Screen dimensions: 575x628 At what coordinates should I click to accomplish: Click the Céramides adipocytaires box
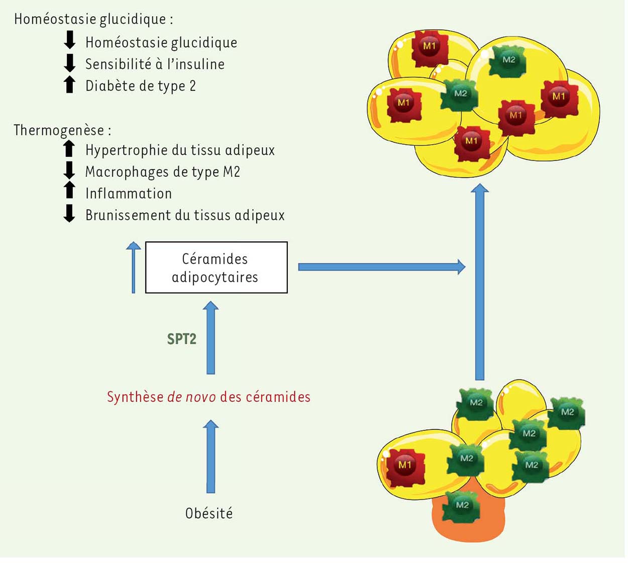click(x=216, y=267)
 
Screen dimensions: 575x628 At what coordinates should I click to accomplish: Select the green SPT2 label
click(x=181, y=339)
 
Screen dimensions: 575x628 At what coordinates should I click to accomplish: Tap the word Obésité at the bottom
click(x=209, y=514)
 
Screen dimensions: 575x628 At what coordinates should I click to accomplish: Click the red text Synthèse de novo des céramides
click(x=208, y=397)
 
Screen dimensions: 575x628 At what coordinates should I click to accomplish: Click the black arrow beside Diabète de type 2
click(x=70, y=85)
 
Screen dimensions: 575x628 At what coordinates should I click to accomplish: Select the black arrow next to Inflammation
click(x=69, y=191)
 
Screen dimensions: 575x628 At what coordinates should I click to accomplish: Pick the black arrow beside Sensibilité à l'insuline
click(x=70, y=63)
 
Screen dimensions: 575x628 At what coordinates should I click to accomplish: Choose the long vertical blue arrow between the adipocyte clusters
click(x=480, y=281)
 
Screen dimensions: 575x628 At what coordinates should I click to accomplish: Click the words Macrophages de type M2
click(x=163, y=172)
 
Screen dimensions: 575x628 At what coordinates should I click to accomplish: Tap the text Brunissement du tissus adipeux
click(x=185, y=215)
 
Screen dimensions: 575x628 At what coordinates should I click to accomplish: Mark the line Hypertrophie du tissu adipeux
click(x=180, y=150)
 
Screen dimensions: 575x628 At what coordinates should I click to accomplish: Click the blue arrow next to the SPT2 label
click(x=211, y=338)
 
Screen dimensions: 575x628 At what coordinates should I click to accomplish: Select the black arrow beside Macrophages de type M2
click(x=69, y=170)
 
